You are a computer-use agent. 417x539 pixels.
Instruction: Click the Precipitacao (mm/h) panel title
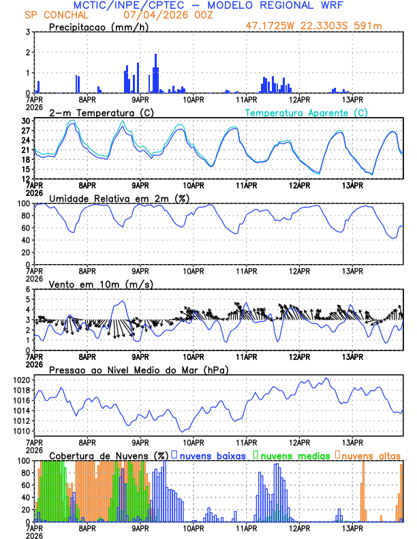click(98, 27)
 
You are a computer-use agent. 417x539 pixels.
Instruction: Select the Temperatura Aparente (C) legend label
click(307, 112)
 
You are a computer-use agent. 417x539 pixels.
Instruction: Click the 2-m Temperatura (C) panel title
click(93, 112)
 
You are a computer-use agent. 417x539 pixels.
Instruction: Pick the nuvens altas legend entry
click(370, 455)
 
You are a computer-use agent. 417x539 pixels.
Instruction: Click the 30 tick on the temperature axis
click(25, 121)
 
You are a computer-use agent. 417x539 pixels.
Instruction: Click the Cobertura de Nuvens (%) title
click(108, 455)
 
